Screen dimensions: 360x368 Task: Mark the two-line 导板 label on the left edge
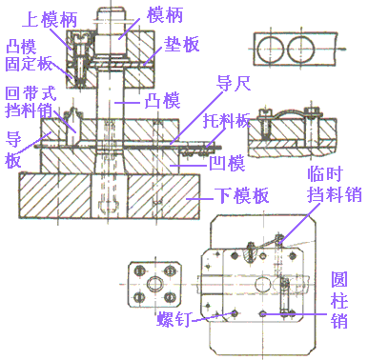tap(14, 150)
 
